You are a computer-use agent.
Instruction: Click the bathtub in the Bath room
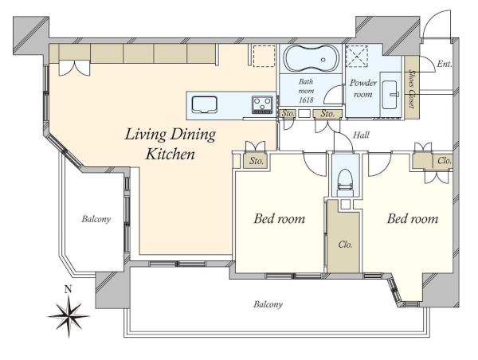311,58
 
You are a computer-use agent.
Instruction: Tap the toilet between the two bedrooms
345,182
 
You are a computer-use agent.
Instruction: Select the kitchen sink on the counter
204,105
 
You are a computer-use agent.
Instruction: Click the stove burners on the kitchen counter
262,104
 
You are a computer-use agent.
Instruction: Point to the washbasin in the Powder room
390,95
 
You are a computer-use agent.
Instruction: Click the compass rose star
69,316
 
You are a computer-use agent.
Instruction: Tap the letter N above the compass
69,289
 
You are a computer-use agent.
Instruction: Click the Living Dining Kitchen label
170,144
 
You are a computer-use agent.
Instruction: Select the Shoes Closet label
412,88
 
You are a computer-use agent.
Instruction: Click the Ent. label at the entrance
444,64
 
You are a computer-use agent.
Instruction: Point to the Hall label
361,135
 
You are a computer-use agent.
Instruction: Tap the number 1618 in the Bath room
306,100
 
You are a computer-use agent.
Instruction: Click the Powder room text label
362,88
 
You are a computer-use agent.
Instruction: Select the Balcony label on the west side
96,219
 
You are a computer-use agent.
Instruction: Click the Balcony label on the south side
268,304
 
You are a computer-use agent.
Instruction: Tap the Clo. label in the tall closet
345,245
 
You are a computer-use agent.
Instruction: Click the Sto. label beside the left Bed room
256,161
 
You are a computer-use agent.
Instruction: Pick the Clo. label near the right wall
445,160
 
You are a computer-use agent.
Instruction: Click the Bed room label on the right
413,218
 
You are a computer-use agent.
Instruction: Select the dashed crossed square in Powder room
358,57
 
